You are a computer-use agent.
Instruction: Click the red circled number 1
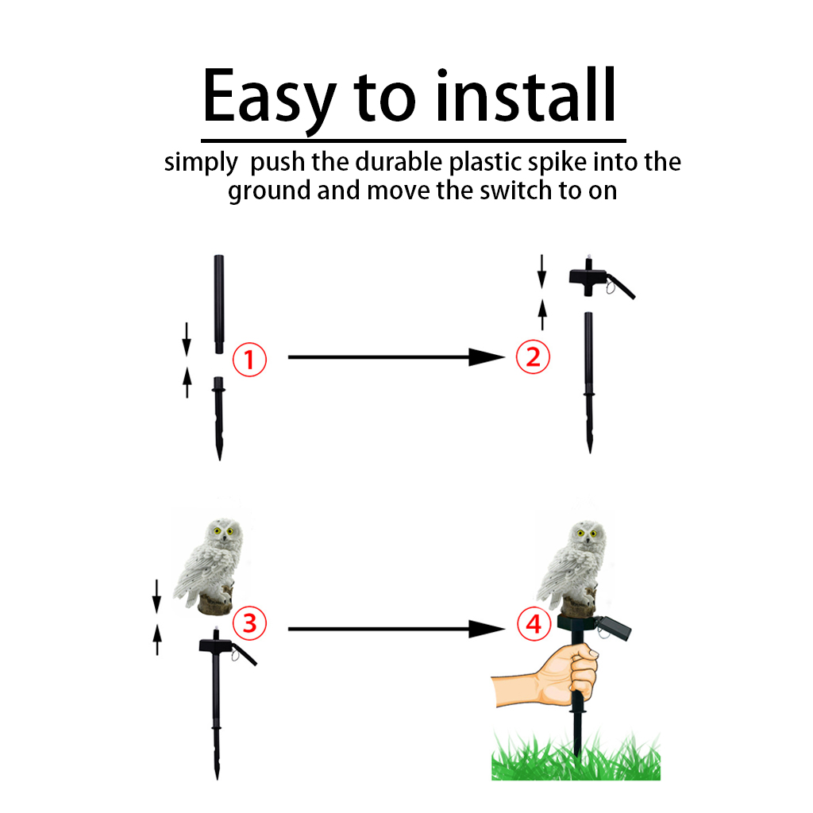point(249,360)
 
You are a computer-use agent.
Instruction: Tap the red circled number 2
point(533,356)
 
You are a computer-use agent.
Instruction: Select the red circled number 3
point(249,622)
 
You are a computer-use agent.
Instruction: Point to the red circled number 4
point(534,624)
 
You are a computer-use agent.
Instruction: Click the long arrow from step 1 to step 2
point(396,357)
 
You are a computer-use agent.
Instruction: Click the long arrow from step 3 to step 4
point(396,629)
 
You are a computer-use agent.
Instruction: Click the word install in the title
point(526,95)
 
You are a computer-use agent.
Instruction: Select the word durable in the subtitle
point(399,161)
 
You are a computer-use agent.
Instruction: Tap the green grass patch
point(576,756)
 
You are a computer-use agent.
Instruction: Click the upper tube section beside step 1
point(219,304)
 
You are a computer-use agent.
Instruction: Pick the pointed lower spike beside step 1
point(219,418)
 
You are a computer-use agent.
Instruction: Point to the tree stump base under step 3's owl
point(215,605)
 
